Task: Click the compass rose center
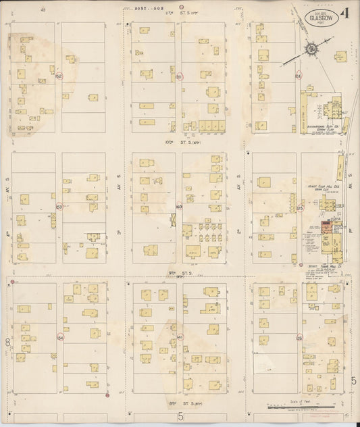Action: point(311,49)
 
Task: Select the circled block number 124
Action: point(298,76)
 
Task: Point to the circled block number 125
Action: point(300,209)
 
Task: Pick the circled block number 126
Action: point(300,337)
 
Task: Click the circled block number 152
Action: point(59,76)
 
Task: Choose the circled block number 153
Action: point(59,207)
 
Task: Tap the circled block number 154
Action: point(60,337)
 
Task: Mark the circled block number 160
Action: point(179,207)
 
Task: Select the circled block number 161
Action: point(179,337)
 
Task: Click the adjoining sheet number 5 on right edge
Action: point(353,381)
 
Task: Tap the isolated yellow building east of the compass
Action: point(340,55)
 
